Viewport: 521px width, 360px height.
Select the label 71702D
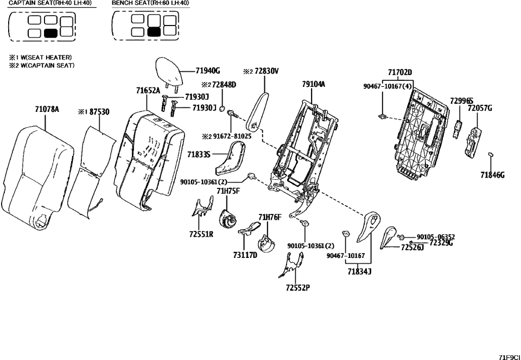400,73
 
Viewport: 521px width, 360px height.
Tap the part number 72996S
461,101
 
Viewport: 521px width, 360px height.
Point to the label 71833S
199,155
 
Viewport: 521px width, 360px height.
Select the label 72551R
201,235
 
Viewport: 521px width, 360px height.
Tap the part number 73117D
245,254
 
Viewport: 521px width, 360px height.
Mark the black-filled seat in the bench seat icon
155,32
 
